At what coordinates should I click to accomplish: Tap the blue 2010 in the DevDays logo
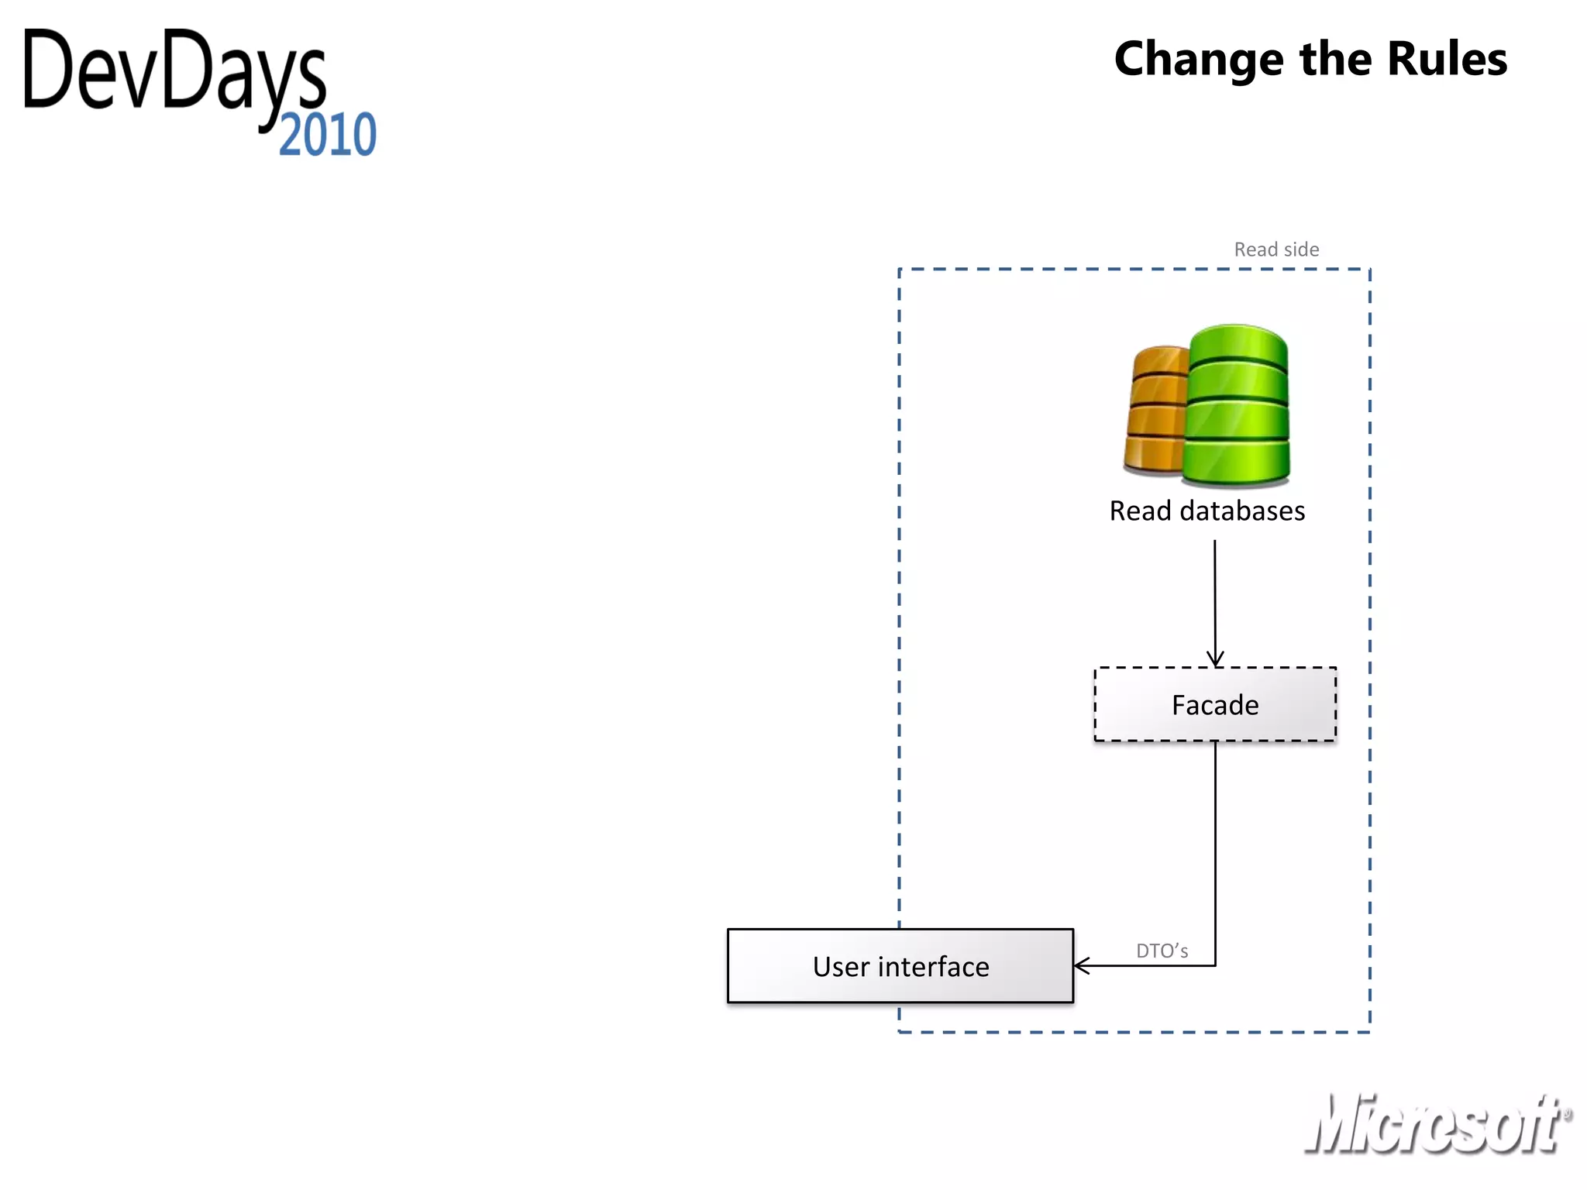tap(328, 135)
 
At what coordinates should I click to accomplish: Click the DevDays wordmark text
tap(174, 74)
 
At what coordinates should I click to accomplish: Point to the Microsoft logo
tap(1434, 1124)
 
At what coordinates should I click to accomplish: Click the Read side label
tap(1276, 249)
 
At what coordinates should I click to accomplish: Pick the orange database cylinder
tap(1155, 411)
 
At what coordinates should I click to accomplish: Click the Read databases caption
tap(1207, 511)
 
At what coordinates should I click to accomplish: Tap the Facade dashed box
tap(1214, 704)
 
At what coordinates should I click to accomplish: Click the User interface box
tap(900, 966)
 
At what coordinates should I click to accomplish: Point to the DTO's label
tap(1162, 951)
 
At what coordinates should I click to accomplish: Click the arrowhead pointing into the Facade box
tap(1215, 659)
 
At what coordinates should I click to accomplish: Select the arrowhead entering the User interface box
tap(1082, 965)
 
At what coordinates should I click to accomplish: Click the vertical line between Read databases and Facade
tap(1215, 597)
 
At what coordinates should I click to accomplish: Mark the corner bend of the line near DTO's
tap(1215, 965)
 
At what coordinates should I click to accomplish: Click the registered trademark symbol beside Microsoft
tap(1568, 1114)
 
